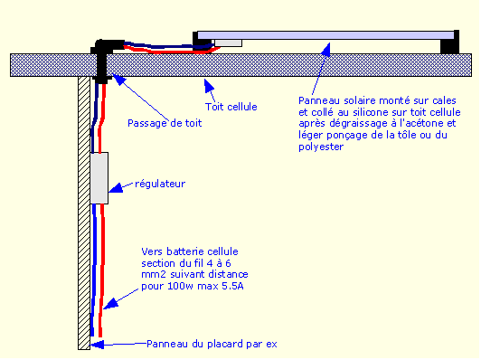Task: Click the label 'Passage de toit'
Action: click(164, 123)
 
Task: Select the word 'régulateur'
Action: click(160, 184)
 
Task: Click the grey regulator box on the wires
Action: click(99, 177)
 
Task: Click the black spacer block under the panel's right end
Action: click(447, 45)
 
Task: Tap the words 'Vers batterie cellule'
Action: click(187, 251)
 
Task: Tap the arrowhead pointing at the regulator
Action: click(112, 189)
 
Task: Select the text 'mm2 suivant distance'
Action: click(193, 274)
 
